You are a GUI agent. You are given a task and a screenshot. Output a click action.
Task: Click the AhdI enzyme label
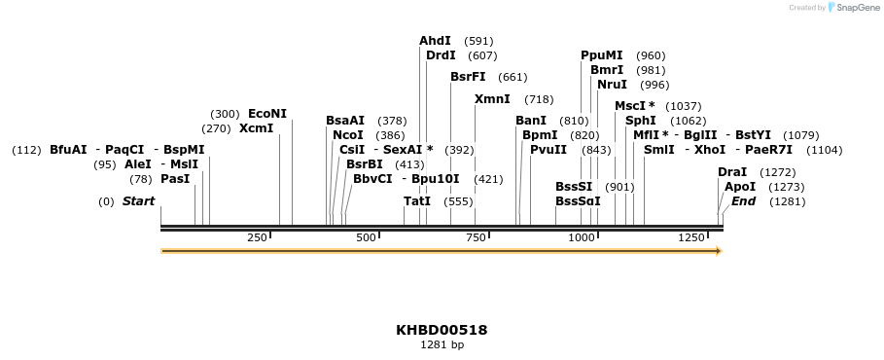click(x=435, y=41)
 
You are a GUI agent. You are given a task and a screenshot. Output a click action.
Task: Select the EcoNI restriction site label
click(x=267, y=114)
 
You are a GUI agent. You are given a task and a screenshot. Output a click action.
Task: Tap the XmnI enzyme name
click(x=492, y=99)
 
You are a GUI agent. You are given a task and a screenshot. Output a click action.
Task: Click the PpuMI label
click(x=601, y=55)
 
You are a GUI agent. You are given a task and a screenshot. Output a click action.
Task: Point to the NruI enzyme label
click(x=612, y=85)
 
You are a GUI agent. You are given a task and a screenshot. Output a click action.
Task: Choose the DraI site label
click(x=732, y=172)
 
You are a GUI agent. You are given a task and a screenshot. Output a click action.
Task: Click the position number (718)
click(x=539, y=99)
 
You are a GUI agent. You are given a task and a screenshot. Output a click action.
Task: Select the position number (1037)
click(x=684, y=106)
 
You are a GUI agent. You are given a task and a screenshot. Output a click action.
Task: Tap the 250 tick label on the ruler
click(x=258, y=237)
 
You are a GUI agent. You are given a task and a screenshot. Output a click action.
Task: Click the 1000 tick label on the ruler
click(x=581, y=237)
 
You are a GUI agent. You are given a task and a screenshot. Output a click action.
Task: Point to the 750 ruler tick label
click(x=476, y=237)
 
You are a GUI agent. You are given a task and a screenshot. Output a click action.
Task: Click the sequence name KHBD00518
click(x=442, y=330)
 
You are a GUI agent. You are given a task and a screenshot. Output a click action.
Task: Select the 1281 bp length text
click(x=442, y=344)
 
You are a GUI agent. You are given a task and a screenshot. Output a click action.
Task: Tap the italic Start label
click(x=138, y=201)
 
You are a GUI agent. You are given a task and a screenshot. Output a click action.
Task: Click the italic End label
click(x=743, y=201)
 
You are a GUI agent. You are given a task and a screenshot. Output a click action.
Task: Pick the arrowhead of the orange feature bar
click(x=718, y=251)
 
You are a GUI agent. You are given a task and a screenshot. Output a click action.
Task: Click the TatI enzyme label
click(x=417, y=201)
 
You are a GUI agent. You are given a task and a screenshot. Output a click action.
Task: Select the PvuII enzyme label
click(x=548, y=150)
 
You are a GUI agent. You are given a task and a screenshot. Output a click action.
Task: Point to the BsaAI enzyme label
click(x=345, y=121)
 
